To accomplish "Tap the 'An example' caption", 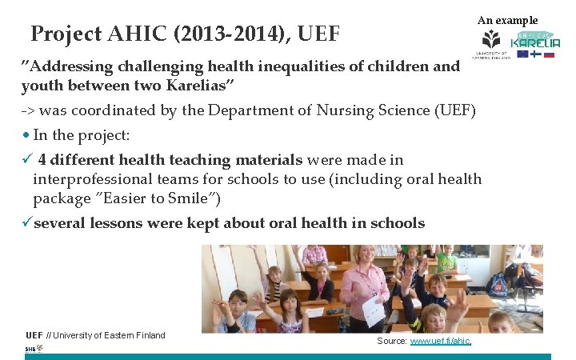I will click(507, 20).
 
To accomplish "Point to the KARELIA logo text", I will click(535, 42).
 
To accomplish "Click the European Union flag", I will click(522, 54).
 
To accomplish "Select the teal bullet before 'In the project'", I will click(26, 134).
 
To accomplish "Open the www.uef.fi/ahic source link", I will click(440, 341).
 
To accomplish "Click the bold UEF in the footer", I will click(34, 335).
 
